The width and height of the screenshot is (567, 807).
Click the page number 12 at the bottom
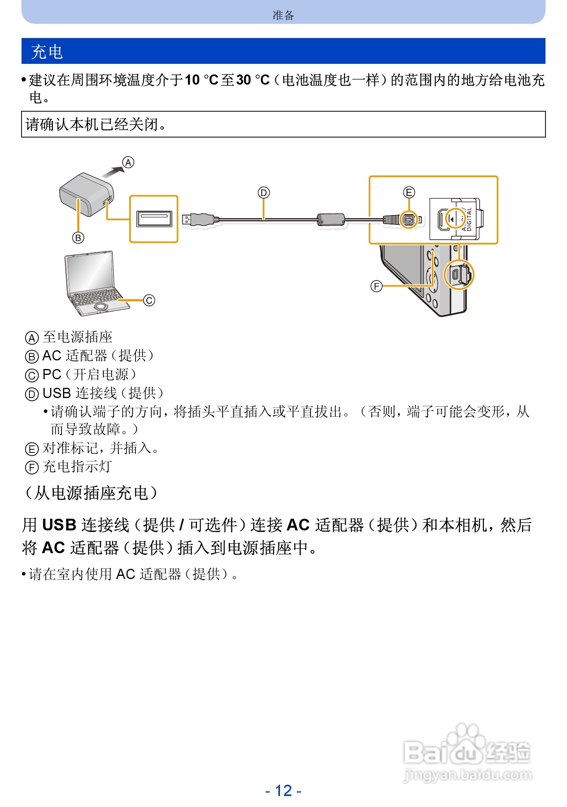283,791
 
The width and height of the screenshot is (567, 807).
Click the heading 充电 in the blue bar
47,52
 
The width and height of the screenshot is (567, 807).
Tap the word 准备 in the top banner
283,15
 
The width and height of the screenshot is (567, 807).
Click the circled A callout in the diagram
128,162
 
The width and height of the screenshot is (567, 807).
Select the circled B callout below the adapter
78,238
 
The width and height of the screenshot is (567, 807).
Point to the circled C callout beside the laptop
149,300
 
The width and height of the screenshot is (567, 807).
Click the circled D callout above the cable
264,193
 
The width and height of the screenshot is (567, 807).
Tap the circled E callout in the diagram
409,192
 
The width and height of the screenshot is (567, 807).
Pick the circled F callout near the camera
376,286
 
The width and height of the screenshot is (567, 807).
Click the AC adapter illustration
84,194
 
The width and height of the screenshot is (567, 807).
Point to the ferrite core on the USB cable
331,219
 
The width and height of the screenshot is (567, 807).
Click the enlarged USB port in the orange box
154,219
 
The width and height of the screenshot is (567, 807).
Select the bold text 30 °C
253,80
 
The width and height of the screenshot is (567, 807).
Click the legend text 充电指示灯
78,467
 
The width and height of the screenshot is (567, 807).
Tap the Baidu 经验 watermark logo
467,752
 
